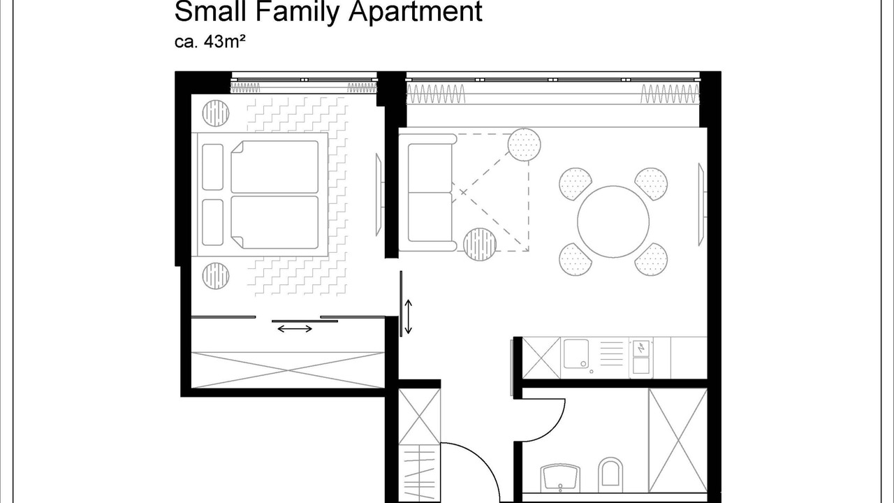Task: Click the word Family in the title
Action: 297,12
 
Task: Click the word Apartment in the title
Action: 416,12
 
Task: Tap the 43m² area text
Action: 225,42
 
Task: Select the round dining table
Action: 613,221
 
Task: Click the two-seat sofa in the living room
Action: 427,192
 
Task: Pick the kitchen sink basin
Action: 576,353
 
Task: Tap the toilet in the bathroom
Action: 610,475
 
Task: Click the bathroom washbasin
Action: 560,479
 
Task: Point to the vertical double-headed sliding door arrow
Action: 409,317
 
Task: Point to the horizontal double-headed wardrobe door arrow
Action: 295,329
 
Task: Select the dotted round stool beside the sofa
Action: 525,145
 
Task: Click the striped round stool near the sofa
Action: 480,245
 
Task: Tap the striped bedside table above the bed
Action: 216,113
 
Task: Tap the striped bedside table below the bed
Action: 216,276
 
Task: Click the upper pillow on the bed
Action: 213,167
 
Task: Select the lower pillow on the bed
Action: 213,222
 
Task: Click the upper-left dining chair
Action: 575,184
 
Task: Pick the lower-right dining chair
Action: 651,259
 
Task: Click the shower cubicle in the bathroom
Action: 678,441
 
